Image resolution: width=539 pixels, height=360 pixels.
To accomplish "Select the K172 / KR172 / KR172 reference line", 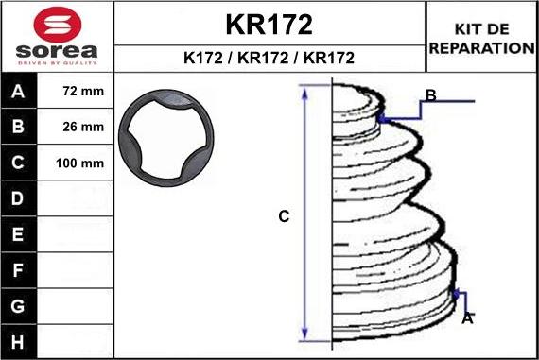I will tap(269, 58).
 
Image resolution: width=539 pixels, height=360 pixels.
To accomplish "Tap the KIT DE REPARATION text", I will tap(481, 39).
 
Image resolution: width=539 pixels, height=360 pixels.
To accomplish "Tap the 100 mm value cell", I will tap(79, 163).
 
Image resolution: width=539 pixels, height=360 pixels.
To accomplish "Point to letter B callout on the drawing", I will tap(430, 95).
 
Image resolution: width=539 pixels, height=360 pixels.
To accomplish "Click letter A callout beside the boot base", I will tap(467, 318).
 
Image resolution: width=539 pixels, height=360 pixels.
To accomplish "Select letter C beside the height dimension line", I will tap(283, 217).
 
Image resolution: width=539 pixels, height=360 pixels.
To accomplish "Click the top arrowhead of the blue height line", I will tap(304, 91).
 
